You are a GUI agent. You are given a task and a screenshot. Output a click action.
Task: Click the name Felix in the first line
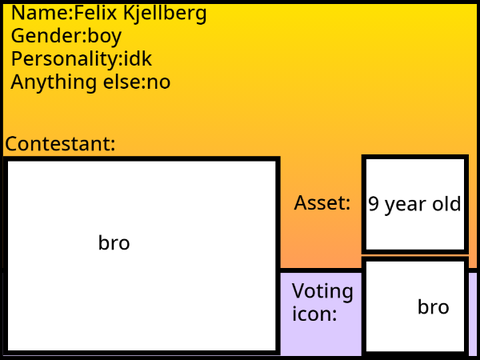[95, 13]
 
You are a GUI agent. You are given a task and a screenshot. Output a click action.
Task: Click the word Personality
[65, 60]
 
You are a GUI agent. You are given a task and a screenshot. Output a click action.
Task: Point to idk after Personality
[138, 59]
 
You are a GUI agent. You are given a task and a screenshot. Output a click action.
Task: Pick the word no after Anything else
[159, 83]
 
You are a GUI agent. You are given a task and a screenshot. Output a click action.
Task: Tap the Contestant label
[60, 144]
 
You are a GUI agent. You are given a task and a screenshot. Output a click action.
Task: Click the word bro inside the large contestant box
[114, 243]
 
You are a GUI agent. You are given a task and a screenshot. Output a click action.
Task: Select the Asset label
[322, 203]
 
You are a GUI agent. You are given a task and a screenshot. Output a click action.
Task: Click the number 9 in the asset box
[374, 204]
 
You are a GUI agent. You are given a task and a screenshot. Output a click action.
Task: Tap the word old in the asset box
[447, 203]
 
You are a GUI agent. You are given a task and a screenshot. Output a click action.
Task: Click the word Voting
[322, 292]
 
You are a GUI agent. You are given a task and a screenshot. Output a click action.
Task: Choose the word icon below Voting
[314, 314]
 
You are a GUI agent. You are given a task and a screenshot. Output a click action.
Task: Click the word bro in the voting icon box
[433, 307]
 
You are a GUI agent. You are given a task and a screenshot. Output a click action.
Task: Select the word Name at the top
[40, 13]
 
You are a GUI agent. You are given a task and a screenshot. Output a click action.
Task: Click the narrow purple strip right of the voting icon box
[473, 313]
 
